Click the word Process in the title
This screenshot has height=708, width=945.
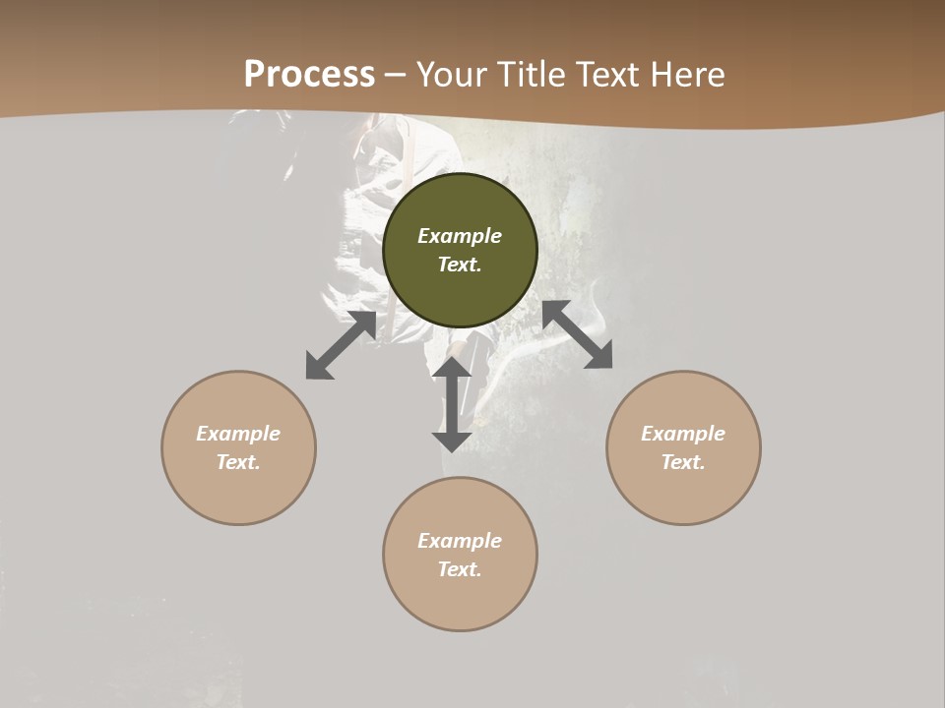coord(309,75)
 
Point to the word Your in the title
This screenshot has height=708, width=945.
coord(454,75)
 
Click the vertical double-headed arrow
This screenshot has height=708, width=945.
coord(452,404)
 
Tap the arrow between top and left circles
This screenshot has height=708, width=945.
coord(341,345)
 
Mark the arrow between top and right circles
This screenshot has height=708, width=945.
coord(578,334)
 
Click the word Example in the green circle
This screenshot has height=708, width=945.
coord(460,236)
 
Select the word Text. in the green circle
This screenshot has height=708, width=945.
coord(460,265)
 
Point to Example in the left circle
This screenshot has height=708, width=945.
coord(238,434)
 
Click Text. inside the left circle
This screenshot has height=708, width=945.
coord(238,462)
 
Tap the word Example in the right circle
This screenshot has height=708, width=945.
coord(683,434)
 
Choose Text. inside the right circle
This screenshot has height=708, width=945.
coord(683,462)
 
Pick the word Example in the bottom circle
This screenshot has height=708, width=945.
coord(460,541)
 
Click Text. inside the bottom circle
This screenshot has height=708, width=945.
coord(460,569)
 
